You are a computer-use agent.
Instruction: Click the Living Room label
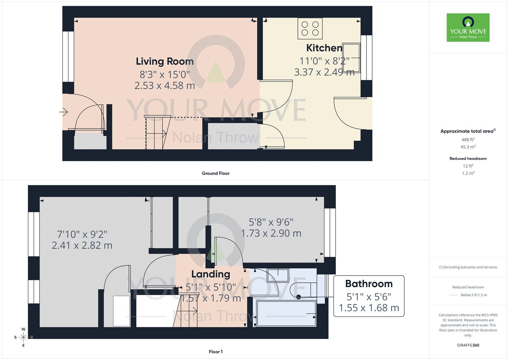tap(164, 61)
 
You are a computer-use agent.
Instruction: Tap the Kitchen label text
tap(324, 48)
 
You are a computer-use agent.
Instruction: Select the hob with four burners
tap(310, 28)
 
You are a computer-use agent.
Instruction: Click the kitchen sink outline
tap(351, 57)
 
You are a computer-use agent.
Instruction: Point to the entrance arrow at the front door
tap(63, 112)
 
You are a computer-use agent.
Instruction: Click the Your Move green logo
tap(468, 27)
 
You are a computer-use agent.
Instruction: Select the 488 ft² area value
tap(468, 139)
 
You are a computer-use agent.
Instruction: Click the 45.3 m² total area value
tap(468, 147)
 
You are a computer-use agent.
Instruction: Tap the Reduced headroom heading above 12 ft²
tap(468, 159)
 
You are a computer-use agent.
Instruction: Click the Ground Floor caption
tap(215, 173)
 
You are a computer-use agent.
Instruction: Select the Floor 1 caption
tap(215, 352)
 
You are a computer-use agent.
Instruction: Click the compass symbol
tap(24, 337)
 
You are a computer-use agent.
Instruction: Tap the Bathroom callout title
tap(369, 284)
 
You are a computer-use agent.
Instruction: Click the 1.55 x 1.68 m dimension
tap(369, 308)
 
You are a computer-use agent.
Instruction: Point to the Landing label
tap(211, 274)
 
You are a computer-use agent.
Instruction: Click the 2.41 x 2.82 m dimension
tap(82, 245)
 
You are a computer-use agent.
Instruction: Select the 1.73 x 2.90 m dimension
tap(271, 233)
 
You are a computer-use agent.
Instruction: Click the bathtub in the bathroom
tap(286, 313)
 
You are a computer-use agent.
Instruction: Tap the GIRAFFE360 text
tap(468, 345)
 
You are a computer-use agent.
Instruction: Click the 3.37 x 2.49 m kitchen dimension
tap(324, 72)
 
